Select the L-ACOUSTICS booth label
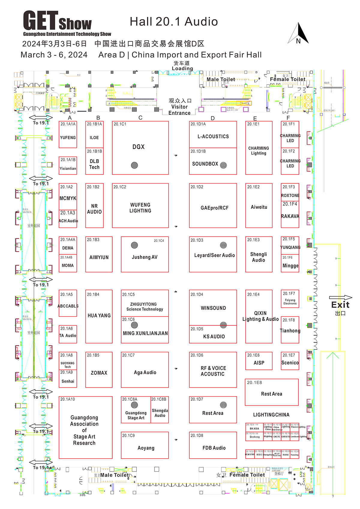(x=213, y=136)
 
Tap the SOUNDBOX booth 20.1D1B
(x=205, y=164)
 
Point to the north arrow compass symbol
(x=299, y=34)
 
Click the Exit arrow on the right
(x=340, y=298)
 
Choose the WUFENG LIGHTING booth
(x=140, y=208)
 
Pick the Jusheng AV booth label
(x=145, y=257)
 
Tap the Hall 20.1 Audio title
(x=174, y=22)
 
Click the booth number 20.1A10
(x=67, y=399)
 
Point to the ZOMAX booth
(x=99, y=373)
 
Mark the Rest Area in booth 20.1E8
(x=271, y=394)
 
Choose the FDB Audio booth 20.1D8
(x=214, y=448)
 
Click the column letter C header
(x=140, y=118)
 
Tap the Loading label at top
(x=182, y=68)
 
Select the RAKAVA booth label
(x=290, y=216)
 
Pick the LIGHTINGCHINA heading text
(x=271, y=415)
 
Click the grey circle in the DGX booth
(x=134, y=165)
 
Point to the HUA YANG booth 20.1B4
(x=99, y=316)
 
